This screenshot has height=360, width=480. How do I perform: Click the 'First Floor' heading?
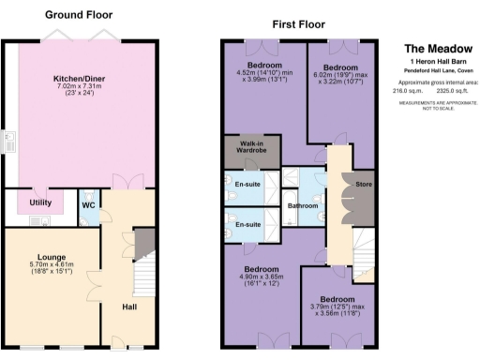[300, 22]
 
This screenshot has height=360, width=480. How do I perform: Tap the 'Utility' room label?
[39, 202]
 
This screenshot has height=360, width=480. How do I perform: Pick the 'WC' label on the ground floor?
[87, 203]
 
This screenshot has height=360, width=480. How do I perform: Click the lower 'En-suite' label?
[247, 225]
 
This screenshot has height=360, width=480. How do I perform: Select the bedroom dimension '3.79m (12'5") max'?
[339, 307]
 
